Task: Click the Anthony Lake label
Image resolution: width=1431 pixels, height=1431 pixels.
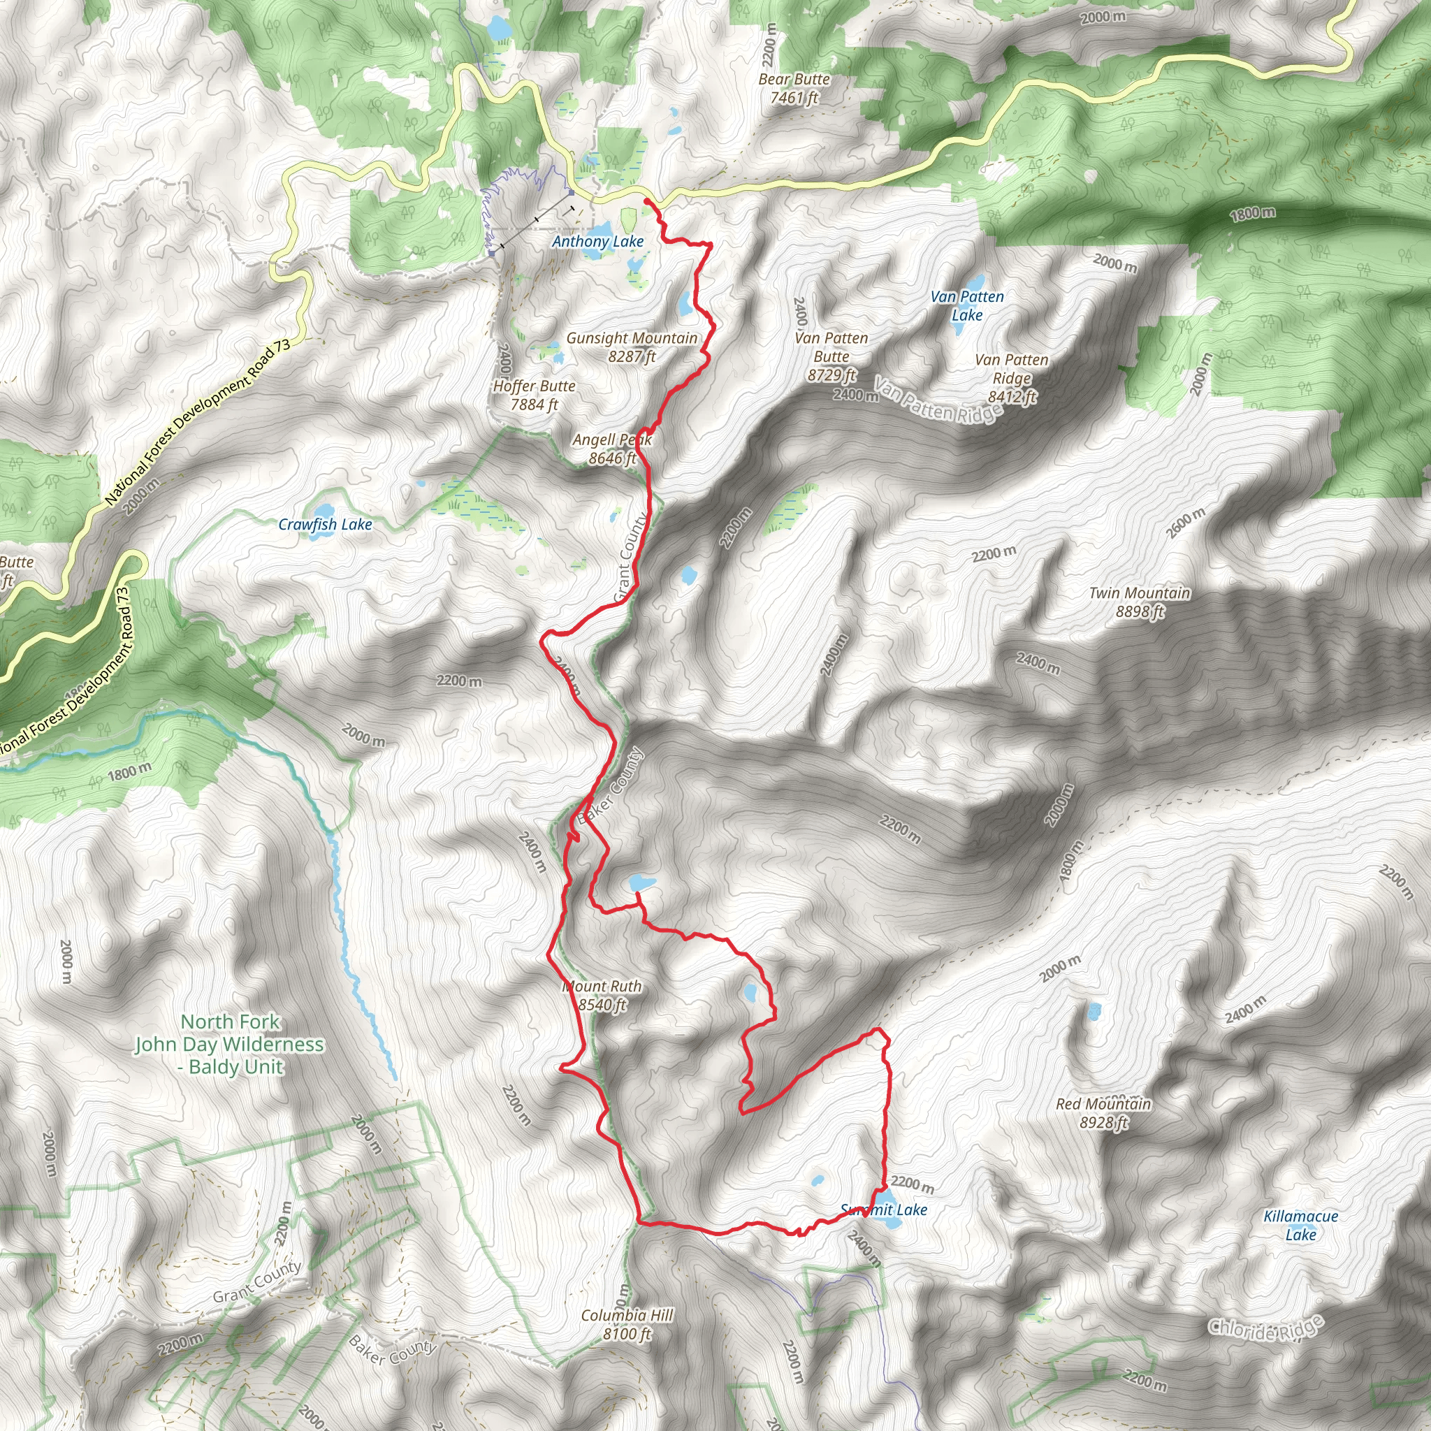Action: (x=597, y=242)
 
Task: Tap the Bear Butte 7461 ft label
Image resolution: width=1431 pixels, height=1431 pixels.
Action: (x=794, y=88)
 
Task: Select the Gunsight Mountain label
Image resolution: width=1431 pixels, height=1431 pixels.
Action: (x=632, y=347)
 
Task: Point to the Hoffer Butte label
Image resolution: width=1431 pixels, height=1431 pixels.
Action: (x=534, y=395)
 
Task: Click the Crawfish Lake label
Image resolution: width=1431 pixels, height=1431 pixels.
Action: (x=325, y=525)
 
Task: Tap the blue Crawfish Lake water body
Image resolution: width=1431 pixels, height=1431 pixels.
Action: (x=323, y=511)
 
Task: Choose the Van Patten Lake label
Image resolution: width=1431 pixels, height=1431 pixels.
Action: (x=966, y=306)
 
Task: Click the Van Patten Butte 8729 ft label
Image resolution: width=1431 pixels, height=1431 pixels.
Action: (x=831, y=356)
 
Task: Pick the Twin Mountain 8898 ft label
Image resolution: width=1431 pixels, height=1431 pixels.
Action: (x=1139, y=602)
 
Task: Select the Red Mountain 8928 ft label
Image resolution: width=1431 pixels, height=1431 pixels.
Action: (x=1103, y=1112)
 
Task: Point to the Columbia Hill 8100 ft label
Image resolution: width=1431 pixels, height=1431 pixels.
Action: (x=627, y=1324)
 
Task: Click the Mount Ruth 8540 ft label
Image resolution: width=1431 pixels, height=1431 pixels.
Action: (x=602, y=996)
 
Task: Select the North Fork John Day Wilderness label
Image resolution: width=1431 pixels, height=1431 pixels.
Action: (x=230, y=1044)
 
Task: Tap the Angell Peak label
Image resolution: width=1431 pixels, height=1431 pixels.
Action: (x=612, y=449)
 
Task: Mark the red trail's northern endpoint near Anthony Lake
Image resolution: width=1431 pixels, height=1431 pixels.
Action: (x=646, y=201)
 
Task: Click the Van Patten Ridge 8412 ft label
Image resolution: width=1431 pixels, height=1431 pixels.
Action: (x=1011, y=379)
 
